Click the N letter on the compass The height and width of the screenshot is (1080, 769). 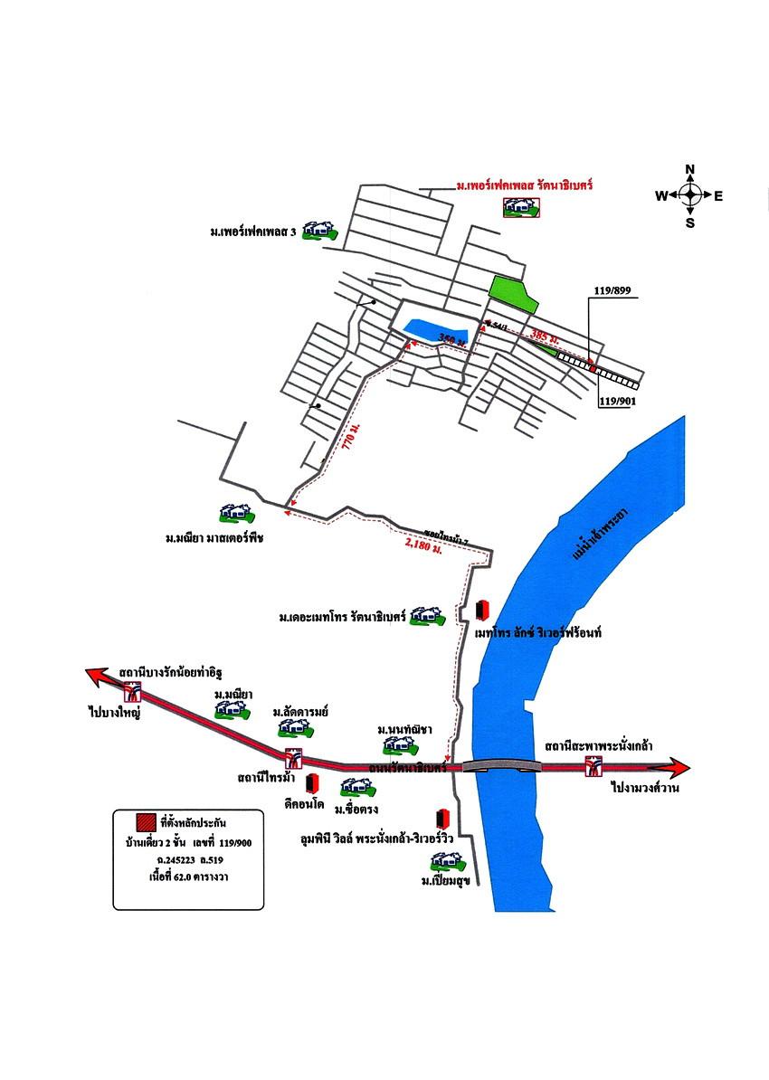point(690,169)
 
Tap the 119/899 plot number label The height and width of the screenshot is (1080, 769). point(612,292)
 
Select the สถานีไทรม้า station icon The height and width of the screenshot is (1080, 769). point(292,758)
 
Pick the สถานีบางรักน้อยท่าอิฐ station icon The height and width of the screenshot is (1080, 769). point(134,693)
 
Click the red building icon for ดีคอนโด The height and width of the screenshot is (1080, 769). point(313,782)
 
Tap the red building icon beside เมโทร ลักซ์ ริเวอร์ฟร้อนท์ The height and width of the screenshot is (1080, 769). point(482,609)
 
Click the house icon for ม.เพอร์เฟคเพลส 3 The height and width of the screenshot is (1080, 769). point(318,231)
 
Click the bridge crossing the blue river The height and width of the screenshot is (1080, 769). point(502,766)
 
